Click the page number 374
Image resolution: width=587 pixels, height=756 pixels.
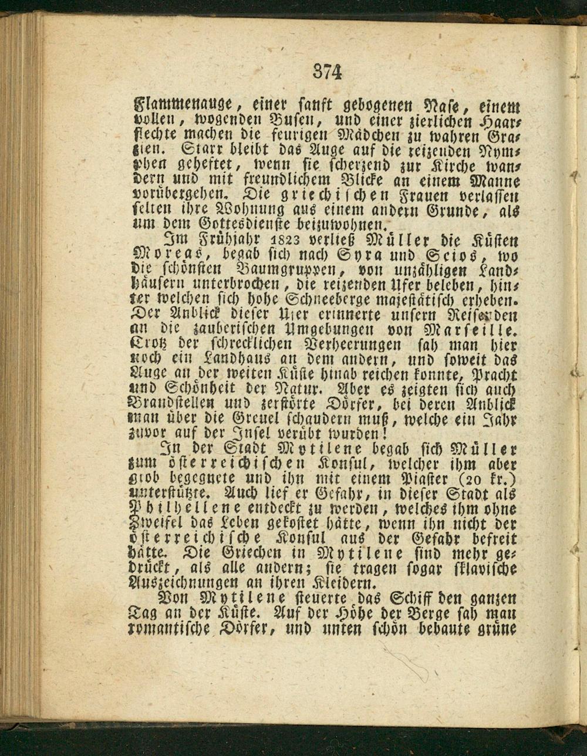327,72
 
